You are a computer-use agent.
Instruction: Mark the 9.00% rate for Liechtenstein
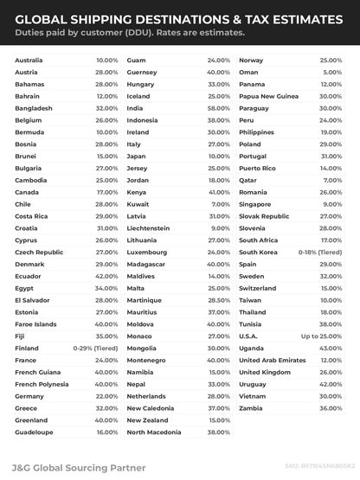click(221, 227)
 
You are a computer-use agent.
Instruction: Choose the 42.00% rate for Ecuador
click(107, 299)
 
